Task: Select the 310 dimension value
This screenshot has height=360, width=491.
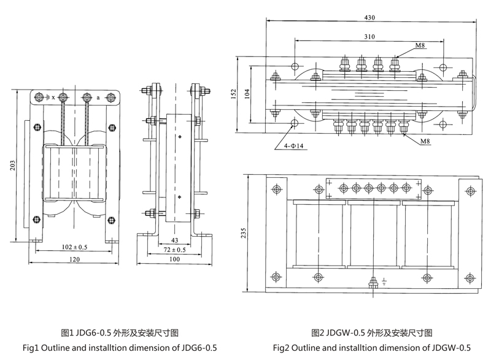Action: click(369, 37)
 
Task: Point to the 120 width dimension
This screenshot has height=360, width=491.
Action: click(75, 260)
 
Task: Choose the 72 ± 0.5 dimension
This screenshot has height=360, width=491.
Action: click(174, 250)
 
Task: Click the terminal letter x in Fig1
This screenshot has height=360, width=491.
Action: click(53, 98)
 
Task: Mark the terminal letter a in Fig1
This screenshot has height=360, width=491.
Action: click(98, 97)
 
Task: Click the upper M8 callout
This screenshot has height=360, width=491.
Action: click(420, 46)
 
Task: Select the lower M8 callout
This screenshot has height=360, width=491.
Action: click(425, 142)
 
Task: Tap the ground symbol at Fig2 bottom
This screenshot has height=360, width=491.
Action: click(384, 283)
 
